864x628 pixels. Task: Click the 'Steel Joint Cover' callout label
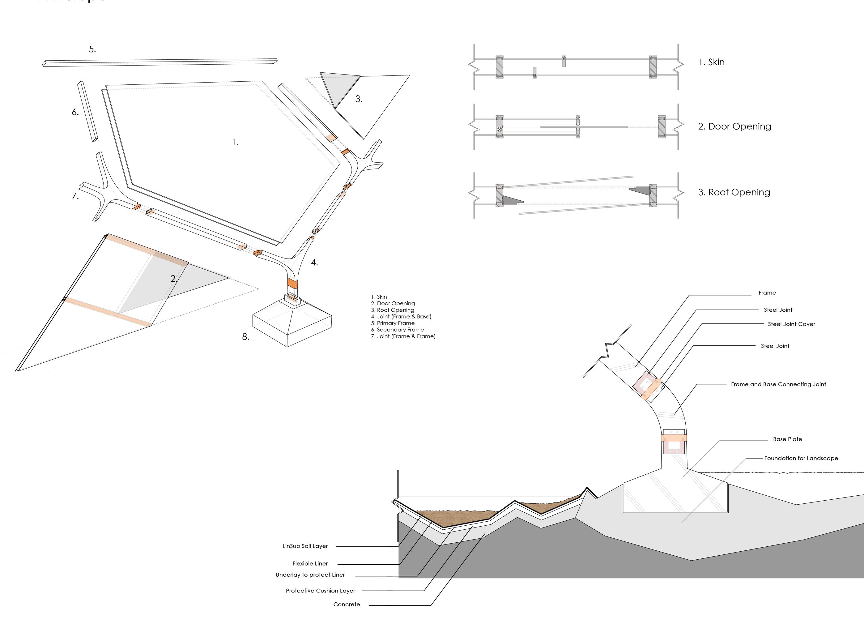click(791, 324)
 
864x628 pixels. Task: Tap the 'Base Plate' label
click(787, 439)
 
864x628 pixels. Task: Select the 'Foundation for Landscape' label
click(801, 458)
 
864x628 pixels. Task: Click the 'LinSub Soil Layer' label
click(305, 546)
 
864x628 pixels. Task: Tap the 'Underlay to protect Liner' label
click(310, 575)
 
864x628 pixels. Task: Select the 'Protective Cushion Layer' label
click(320, 591)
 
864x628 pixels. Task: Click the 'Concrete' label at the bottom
click(346, 605)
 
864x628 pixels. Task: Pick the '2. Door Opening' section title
click(734, 126)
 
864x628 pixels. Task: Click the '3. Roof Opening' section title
click(734, 192)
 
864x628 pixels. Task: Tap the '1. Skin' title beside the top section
click(711, 62)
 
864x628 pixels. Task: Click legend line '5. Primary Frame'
click(393, 323)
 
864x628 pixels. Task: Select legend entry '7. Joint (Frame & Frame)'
click(403, 336)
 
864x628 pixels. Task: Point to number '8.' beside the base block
click(246, 336)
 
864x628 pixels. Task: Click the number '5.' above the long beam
click(92, 49)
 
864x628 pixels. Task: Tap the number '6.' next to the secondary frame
click(75, 112)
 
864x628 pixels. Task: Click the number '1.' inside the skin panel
click(236, 143)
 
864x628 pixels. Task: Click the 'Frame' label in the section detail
click(767, 293)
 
